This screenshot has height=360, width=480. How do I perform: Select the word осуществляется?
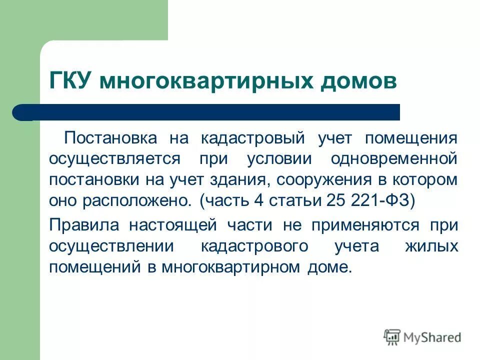[x=114, y=159]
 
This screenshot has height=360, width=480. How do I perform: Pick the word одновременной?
[x=394, y=159]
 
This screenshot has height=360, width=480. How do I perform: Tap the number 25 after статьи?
[x=336, y=201]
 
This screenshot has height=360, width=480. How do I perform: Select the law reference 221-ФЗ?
[x=383, y=201]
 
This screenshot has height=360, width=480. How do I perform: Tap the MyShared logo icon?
[x=392, y=337]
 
